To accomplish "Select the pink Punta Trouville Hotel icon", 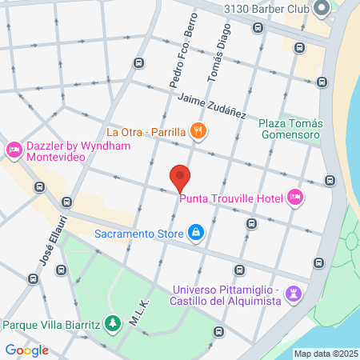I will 294,197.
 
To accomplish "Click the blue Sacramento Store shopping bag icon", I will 195,234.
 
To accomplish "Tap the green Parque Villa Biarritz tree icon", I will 114,324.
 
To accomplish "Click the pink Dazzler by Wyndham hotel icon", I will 14,150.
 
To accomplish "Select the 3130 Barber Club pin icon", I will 322,10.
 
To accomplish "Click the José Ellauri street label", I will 49,246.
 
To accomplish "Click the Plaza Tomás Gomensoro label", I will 290,129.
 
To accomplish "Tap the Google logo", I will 26,350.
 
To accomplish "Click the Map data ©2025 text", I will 326,354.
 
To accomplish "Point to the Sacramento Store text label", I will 139,234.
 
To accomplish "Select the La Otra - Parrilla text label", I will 146,132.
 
